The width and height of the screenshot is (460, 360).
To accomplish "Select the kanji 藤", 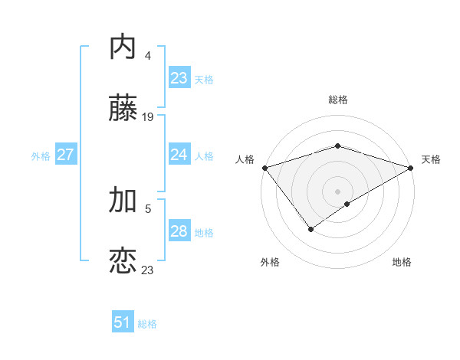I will [x=123, y=110].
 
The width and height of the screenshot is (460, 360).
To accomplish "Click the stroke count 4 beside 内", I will [x=147, y=56].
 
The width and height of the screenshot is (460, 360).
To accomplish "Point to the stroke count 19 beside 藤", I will [x=148, y=117].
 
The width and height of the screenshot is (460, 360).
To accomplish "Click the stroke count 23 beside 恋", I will [x=148, y=270].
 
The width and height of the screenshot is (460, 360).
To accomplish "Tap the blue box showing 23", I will [x=179, y=77].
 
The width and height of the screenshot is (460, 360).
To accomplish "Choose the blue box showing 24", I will [x=179, y=155].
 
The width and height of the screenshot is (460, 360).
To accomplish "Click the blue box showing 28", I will [x=179, y=231].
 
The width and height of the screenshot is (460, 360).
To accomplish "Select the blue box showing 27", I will [x=65, y=155].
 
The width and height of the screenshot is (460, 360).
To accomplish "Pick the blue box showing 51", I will [x=123, y=322].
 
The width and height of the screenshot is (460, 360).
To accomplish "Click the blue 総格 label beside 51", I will [x=147, y=324].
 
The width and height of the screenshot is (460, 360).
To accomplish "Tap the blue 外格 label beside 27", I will [x=41, y=156].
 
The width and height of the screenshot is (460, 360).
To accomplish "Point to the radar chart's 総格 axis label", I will [x=337, y=100].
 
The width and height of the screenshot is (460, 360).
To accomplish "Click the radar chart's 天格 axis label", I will [x=431, y=159].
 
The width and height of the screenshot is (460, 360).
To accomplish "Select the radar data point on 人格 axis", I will [x=264, y=168].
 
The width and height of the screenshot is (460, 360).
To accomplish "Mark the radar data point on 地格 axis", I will [x=347, y=204].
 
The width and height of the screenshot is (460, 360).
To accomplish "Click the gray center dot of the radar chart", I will [x=337, y=191].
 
